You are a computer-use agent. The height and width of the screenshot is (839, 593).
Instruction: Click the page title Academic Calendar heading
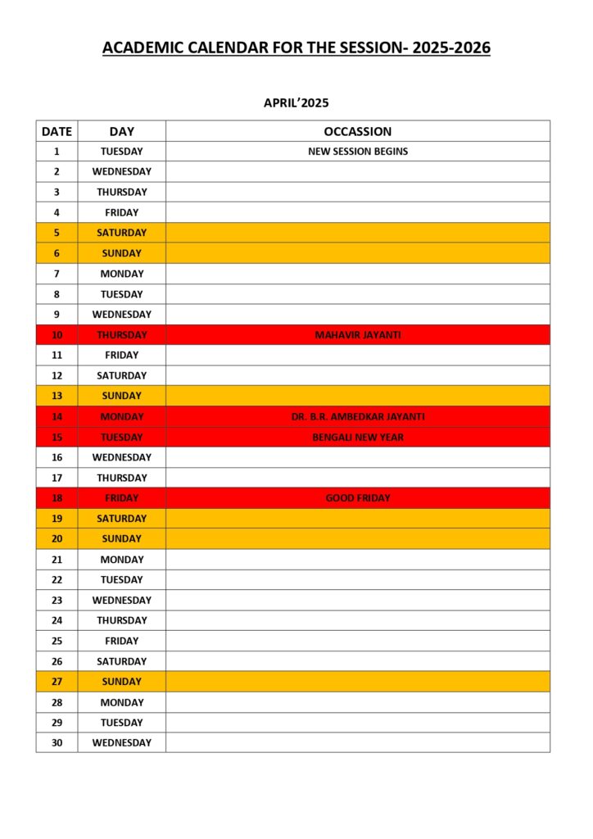click(x=296, y=48)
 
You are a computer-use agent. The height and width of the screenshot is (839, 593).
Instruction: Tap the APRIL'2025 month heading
click(x=296, y=102)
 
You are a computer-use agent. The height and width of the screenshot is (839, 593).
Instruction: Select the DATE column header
click(x=57, y=131)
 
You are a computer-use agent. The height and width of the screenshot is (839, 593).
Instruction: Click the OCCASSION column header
click(x=357, y=131)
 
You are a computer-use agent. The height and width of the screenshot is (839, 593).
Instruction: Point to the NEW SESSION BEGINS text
click(x=357, y=152)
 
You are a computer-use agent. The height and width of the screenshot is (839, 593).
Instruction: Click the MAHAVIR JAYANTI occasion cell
click(x=357, y=335)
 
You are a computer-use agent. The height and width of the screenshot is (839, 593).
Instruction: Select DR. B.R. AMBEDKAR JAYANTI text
click(x=357, y=417)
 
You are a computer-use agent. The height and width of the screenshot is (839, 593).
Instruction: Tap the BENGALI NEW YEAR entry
click(x=357, y=438)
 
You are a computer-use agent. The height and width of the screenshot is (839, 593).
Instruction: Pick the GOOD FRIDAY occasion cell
click(x=357, y=498)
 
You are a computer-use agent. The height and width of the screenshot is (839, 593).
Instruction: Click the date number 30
click(x=57, y=743)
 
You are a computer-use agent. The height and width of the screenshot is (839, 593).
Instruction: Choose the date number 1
click(x=57, y=152)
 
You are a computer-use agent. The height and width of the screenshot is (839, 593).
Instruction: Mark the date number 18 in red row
click(x=57, y=498)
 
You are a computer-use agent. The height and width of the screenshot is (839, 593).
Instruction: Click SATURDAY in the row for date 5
click(x=121, y=233)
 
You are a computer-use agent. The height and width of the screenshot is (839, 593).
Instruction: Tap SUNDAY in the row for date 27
click(x=121, y=682)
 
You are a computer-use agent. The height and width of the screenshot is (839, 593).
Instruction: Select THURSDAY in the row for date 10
click(x=121, y=335)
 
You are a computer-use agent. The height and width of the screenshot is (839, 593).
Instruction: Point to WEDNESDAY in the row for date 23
click(x=121, y=601)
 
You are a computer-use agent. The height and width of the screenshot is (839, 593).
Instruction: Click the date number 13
click(x=57, y=397)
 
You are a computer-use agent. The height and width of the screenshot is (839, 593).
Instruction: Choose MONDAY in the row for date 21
click(x=121, y=560)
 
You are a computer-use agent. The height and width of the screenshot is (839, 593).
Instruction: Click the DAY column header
click(x=121, y=131)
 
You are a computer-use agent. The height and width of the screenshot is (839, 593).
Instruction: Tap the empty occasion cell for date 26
click(x=357, y=661)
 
